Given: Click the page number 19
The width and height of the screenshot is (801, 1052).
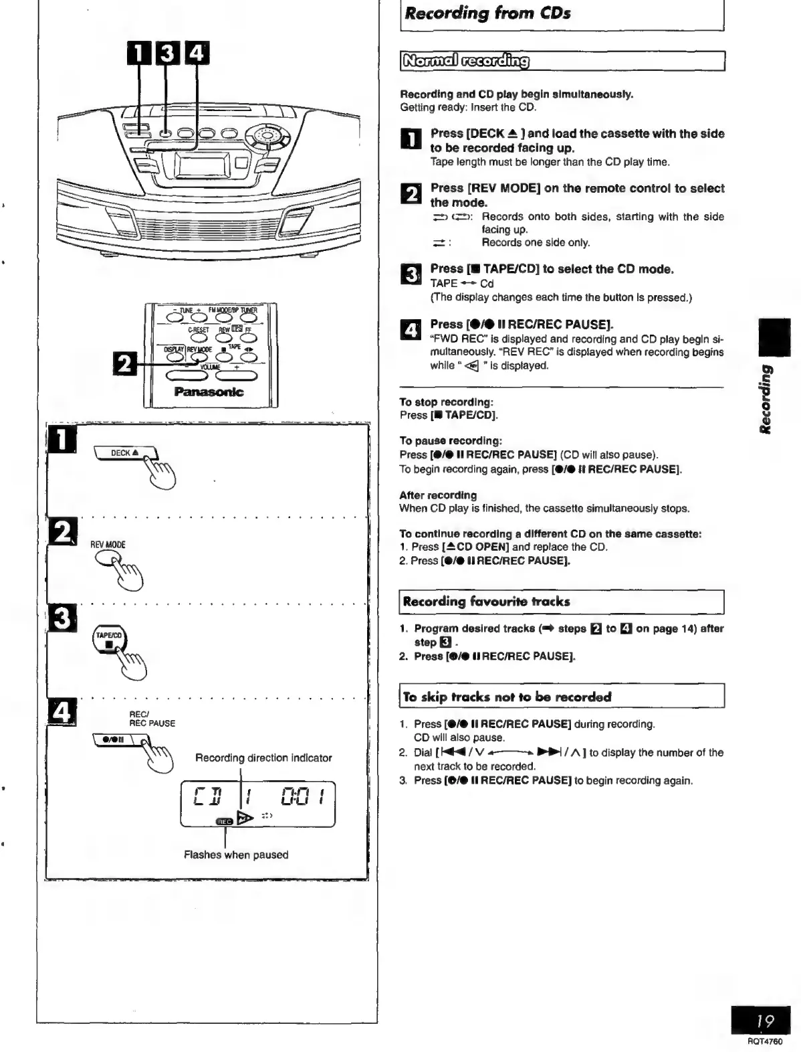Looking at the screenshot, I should coord(765,1021).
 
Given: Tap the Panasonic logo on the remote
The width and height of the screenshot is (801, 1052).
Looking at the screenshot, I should coord(209,392).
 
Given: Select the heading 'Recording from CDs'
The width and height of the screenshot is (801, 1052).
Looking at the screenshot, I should coord(487,13).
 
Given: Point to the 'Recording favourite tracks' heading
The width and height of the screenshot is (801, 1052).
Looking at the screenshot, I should coord(486,602).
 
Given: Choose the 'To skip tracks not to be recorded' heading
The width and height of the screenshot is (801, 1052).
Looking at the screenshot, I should coord(507,697).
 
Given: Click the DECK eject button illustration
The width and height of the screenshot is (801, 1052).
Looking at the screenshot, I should coord(125,453).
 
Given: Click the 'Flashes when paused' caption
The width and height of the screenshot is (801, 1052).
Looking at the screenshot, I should coord(236,855).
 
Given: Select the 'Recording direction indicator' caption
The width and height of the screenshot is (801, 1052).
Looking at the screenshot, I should coord(263,758).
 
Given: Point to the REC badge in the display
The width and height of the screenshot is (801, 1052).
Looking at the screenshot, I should coord(224,821).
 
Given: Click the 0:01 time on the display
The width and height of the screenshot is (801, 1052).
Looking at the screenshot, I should coord(303,797).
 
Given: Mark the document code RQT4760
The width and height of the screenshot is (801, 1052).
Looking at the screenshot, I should coord(765,1041).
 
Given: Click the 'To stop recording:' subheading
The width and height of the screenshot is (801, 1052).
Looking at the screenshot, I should coord(446,402).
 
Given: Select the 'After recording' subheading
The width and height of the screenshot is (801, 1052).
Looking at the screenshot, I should coord(438,495).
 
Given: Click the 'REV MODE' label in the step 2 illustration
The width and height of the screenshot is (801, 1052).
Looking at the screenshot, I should coord(108,545).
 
